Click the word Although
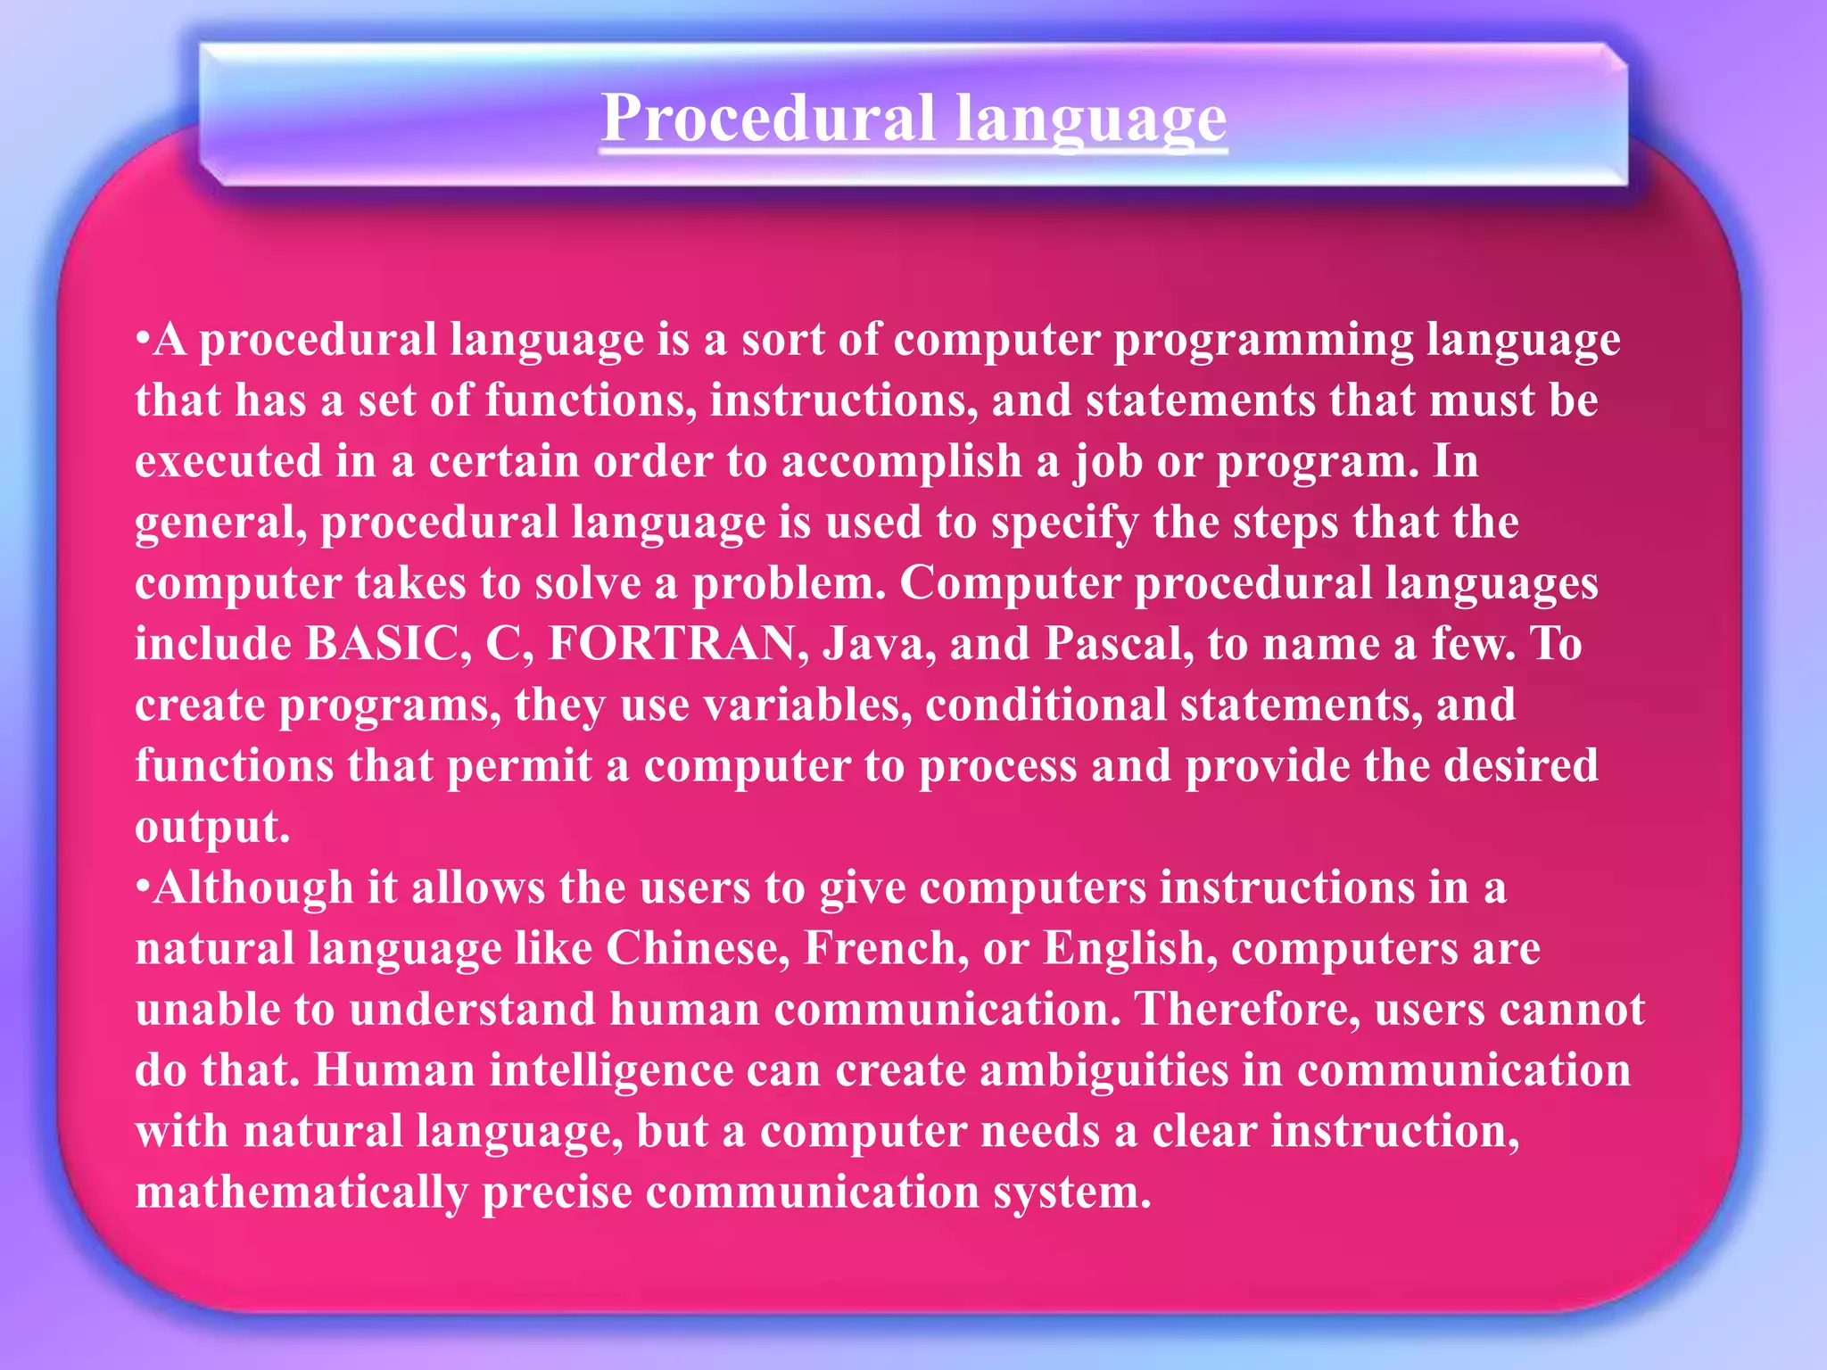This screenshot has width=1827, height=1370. [x=252, y=888]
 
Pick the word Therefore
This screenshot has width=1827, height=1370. [x=1246, y=1009]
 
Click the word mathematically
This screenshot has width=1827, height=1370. [x=302, y=1193]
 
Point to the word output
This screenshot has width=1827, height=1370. [x=211, y=827]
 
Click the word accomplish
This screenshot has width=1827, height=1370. [x=901, y=462]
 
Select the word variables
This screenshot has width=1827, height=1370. [x=807, y=705]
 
